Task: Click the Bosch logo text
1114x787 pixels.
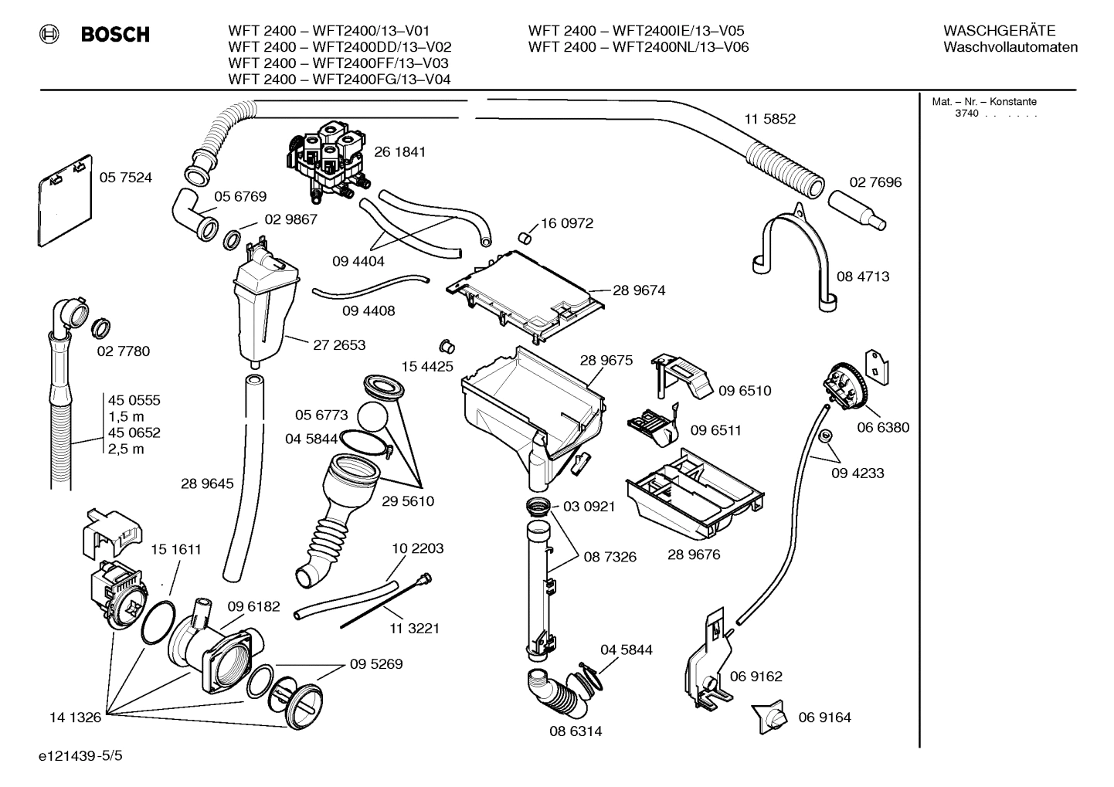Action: pyautogui.click(x=114, y=35)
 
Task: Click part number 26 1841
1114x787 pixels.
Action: pyautogui.click(x=399, y=152)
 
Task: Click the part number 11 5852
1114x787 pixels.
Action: pyautogui.click(x=769, y=119)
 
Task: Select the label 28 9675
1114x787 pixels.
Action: pyautogui.click(x=606, y=361)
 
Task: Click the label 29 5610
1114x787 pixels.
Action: pyautogui.click(x=407, y=501)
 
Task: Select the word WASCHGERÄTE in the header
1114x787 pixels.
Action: pyautogui.click(x=999, y=31)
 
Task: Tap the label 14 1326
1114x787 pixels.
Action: pyautogui.click(x=75, y=717)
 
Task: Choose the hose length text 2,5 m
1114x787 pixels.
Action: pyautogui.click(x=126, y=449)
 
